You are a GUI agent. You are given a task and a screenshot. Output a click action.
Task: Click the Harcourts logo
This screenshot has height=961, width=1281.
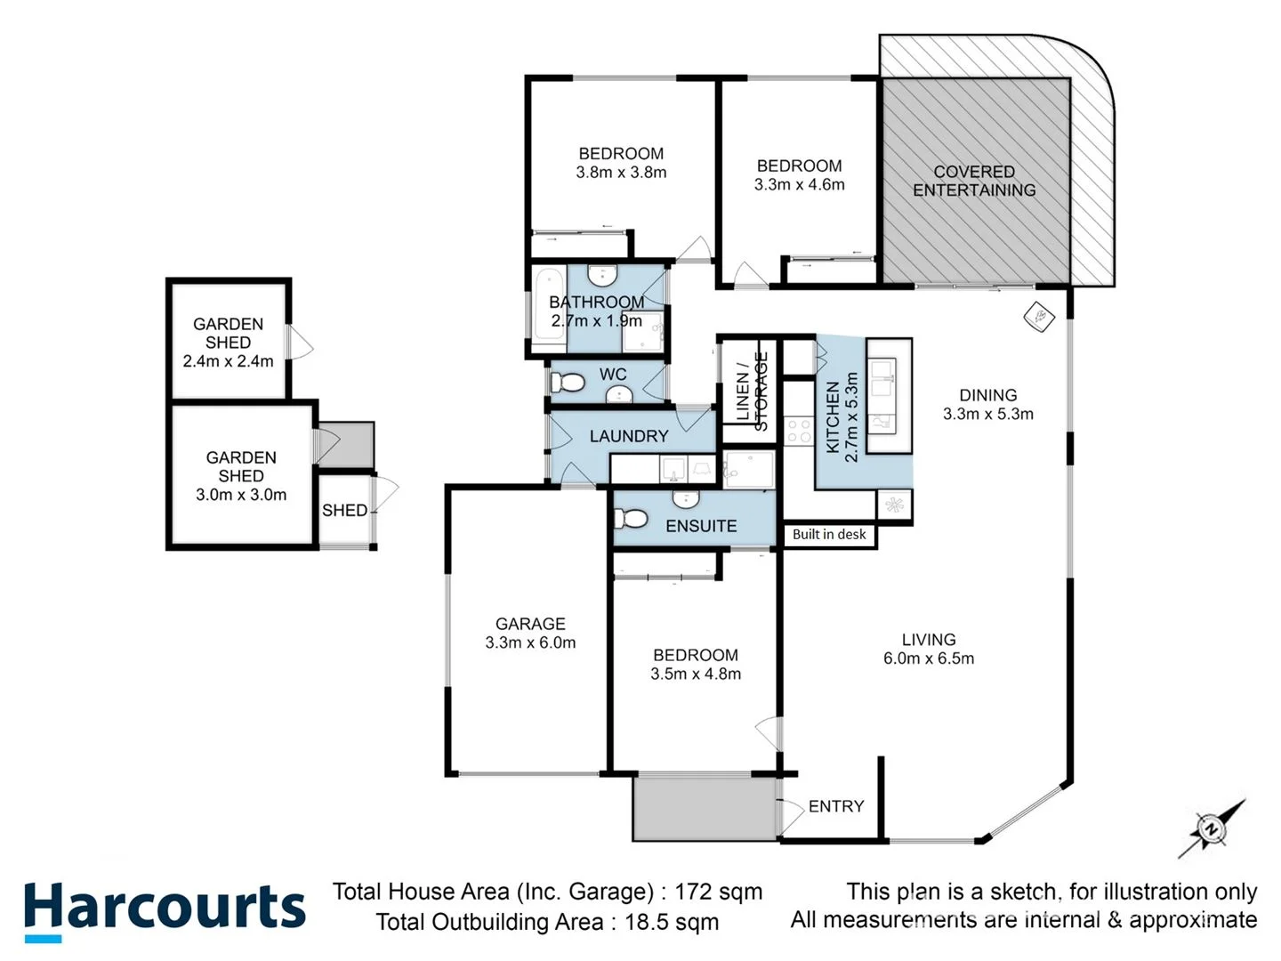[165, 909]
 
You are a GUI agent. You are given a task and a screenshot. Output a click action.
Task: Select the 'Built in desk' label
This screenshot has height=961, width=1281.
[829, 535]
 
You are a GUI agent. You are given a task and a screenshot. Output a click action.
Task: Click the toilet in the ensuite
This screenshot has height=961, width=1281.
[632, 518]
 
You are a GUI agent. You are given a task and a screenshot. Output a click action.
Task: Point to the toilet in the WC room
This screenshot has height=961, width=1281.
[568, 384]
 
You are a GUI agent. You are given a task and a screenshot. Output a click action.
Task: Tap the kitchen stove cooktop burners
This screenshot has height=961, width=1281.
[798, 432]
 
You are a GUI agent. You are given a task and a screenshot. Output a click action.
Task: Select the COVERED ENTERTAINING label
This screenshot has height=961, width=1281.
[974, 181]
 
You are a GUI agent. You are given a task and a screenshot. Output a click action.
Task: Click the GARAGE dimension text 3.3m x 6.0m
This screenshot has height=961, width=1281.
[530, 643]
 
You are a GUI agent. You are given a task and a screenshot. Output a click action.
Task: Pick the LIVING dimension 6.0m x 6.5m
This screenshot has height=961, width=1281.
[928, 659]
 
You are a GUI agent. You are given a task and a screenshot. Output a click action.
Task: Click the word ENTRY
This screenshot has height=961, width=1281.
[836, 806]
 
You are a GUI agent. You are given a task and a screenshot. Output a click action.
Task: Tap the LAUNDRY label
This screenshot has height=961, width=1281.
[628, 436]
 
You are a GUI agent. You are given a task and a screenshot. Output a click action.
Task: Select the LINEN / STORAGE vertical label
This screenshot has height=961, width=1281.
[752, 392]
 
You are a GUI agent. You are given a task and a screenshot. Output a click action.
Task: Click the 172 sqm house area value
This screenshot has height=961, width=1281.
[718, 892]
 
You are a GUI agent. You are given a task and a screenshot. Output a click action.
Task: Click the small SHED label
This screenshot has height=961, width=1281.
[344, 511]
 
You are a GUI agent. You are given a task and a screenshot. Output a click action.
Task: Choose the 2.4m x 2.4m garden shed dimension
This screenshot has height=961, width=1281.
[228, 361]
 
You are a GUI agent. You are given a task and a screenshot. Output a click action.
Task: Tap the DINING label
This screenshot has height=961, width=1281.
[987, 395]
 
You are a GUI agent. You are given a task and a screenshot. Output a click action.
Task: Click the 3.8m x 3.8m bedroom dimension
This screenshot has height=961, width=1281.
[621, 173]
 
